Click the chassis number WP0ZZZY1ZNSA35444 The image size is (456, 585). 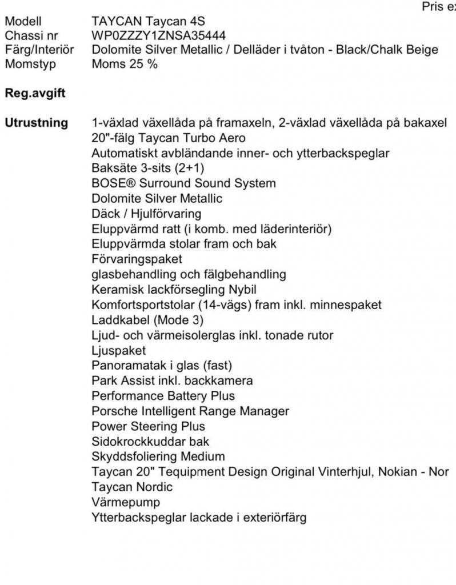click(x=158, y=36)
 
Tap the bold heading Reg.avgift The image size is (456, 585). click(x=34, y=93)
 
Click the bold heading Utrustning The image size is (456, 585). click(x=36, y=123)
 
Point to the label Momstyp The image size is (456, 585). click(x=30, y=63)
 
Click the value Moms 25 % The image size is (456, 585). click(x=125, y=63)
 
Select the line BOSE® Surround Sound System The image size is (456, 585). click(x=183, y=183)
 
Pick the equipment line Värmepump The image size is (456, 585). click(x=126, y=502)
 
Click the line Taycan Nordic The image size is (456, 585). click(x=132, y=487)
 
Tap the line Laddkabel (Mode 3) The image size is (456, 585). click(x=147, y=320)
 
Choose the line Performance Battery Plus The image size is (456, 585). click(x=163, y=396)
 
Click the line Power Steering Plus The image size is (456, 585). click(x=148, y=426)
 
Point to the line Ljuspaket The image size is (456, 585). click(x=118, y=350)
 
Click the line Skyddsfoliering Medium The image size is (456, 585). click(x=158, y=456)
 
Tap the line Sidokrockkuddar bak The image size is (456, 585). click(x=150, y=442)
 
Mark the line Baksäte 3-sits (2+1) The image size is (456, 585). click(x=148, y=169)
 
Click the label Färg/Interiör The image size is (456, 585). click(x=39, y=50)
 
